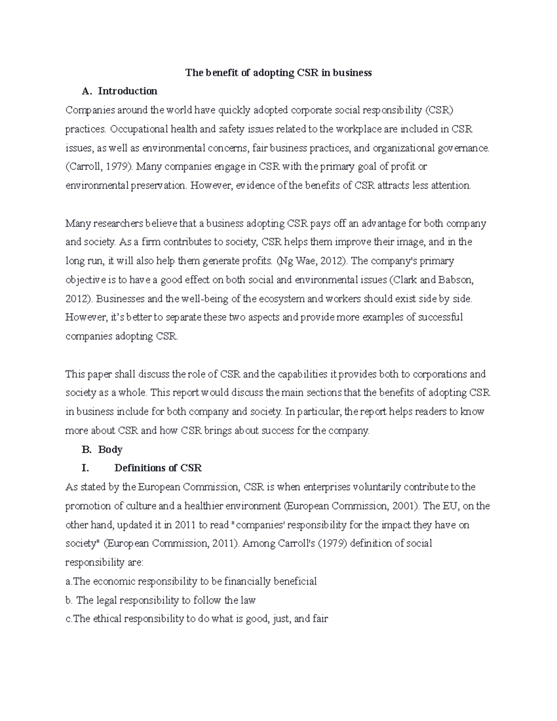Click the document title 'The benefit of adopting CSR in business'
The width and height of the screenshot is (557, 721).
tap(278, 72)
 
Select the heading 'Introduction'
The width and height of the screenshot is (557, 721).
tap(127, 91)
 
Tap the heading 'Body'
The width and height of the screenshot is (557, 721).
tap(110, 449)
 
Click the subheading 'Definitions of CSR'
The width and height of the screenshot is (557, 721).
tap(158, 468)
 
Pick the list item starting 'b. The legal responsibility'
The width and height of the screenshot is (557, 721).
tap(161, 600)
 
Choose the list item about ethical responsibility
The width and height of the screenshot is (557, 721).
tap(197, 619)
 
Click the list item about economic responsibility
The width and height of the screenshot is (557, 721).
tap(191, 581)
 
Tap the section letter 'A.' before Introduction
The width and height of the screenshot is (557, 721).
tap(86, 91)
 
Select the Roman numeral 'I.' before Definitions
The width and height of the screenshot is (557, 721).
tap(85, 468)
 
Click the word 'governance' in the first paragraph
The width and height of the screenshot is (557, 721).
tap(465, 148)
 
